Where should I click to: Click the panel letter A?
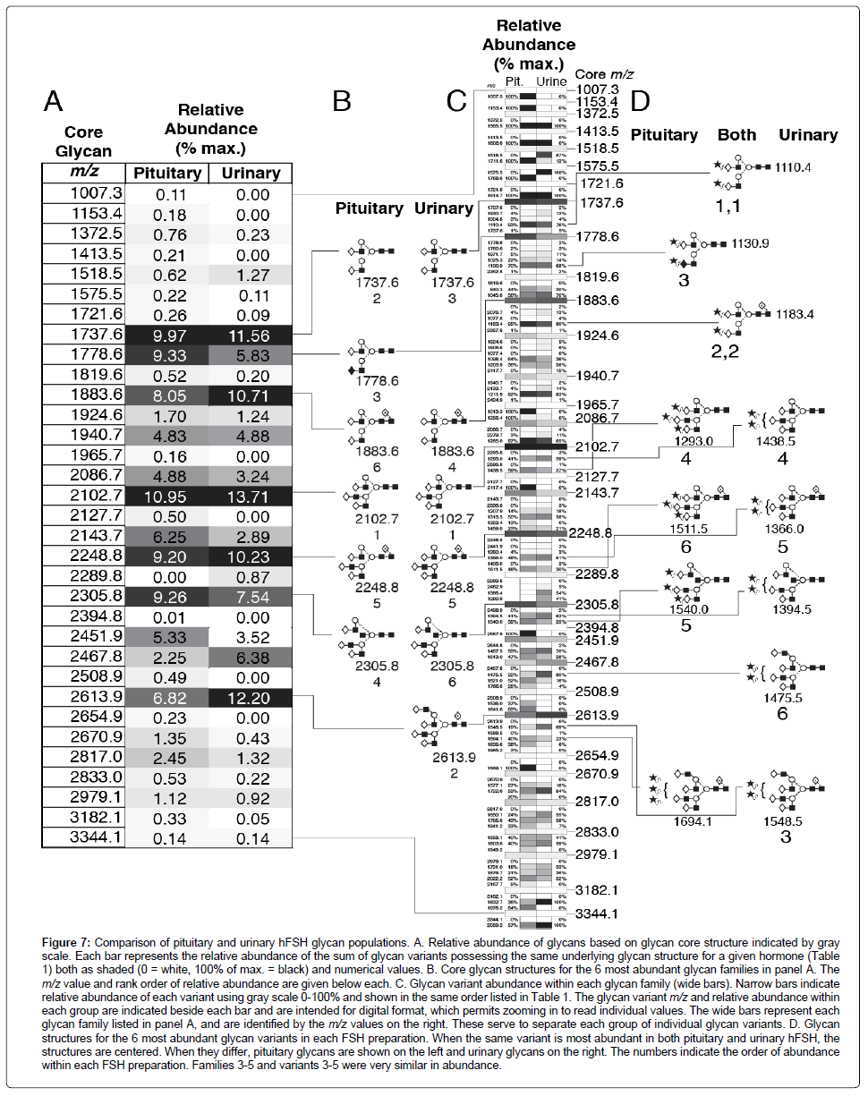[x=54, y=102]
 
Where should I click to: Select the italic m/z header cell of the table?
[x=82, y=173]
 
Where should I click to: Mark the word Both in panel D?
[x=736, y=135]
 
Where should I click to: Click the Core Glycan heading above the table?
[x=83, y=141]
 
